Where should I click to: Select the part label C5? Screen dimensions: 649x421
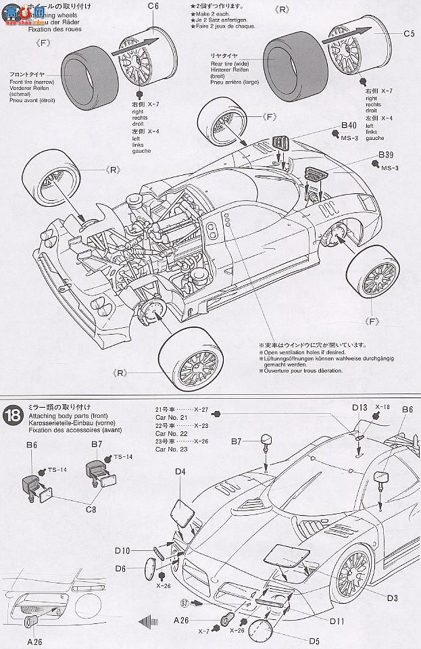click(408, 33)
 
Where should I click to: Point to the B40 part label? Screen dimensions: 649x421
click(348, 125)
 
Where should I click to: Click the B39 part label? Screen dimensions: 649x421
click(386, 154)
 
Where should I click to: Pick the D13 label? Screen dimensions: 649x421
click(359, 408)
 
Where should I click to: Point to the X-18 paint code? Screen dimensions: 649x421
click(382, 408)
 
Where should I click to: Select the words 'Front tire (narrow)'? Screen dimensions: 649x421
click(32, 81)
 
